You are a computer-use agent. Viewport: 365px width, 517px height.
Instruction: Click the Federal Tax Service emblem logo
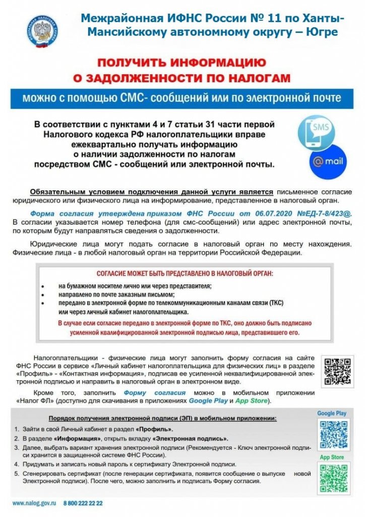pyautogui.click(x=42, y=31)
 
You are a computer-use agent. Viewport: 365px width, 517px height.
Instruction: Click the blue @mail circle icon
pyautogui.click(x=328, y=163)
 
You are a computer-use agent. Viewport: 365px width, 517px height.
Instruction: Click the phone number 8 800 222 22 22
pyautogui.click(x=83, y=503)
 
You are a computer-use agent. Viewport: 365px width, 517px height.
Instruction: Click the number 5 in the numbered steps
pyautogui.click(x=16, y=474)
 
